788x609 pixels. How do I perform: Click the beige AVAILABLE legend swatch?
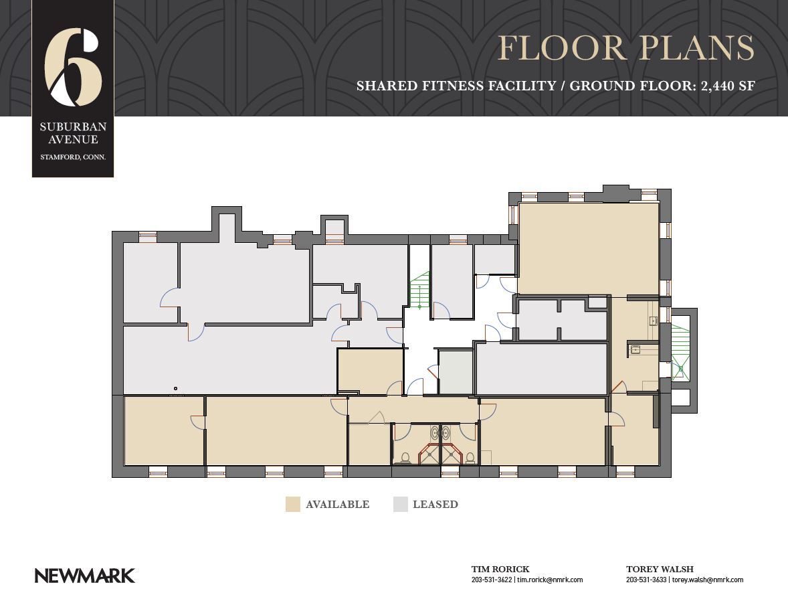coord(293,505)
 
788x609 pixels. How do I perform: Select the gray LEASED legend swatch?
coord(401,505)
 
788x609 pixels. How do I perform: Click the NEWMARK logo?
coord(84,576)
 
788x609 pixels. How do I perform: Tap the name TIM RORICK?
coord(500,569)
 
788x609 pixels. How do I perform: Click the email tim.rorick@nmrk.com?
coord(551,580)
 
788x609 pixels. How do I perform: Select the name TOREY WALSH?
coord(660,569)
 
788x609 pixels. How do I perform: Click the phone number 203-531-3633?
coord(646,580)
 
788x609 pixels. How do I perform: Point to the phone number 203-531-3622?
coord(492,580)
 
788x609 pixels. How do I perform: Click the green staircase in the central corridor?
coord(419,290)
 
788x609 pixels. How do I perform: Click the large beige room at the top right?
coord(589,248)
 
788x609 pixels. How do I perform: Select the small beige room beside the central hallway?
coord(371,371)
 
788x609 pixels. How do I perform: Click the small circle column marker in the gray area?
coord(175,388)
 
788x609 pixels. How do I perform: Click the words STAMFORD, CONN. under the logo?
coord(73,157)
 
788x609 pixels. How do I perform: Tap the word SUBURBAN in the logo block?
coord(74,126)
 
